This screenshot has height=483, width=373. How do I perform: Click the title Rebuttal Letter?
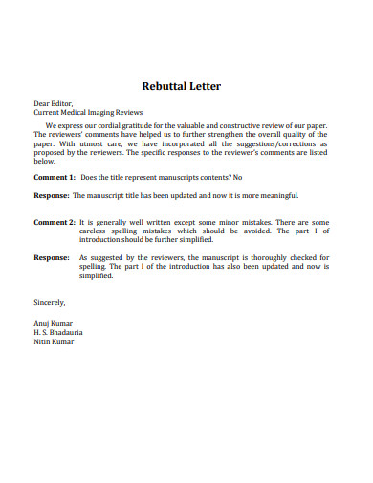(x=181, y=86)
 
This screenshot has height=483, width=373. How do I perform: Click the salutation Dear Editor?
(x=53, y=102)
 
